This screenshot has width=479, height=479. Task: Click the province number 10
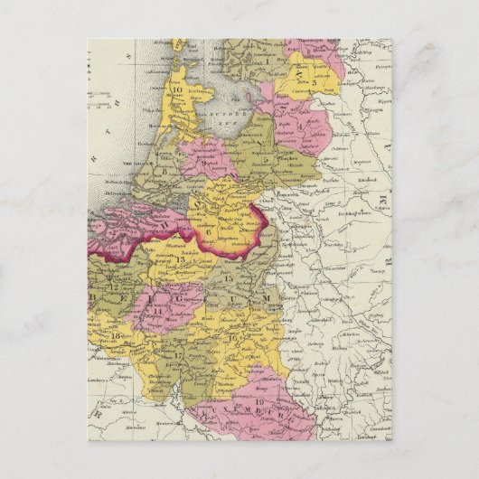pyautogui.click(x=176, y=89)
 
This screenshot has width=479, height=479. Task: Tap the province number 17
pyautogui.click(x=178, y=354)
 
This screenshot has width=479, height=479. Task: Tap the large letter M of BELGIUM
pyautogui.click(x=265, y=297)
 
